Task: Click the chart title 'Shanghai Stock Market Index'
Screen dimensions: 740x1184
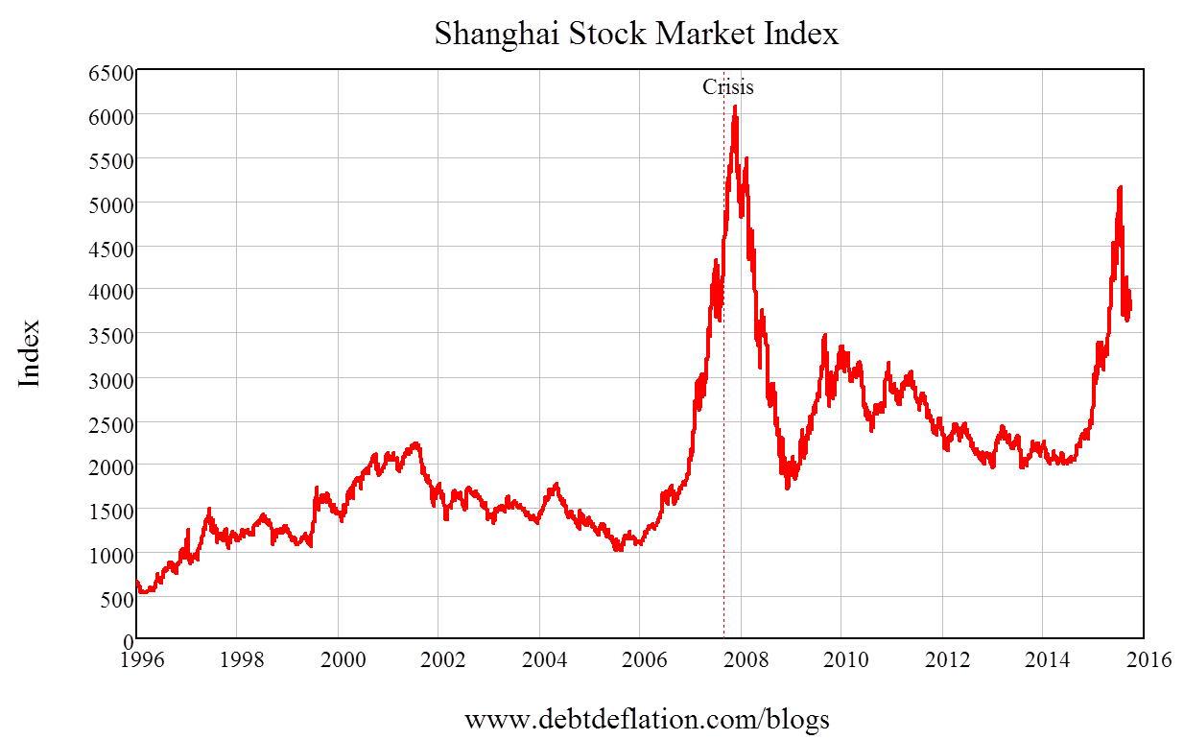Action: pyautogui.click(x=636, y=35)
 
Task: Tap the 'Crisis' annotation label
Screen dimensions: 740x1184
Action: pyautogui.click(x=728, y=86)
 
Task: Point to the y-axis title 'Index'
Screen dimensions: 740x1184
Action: pyautogui.click(x=31, y=353)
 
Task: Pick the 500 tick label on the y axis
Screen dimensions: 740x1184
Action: pyautogui.click(x=114, y=598)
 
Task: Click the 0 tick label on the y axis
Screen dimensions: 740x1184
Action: pyautogui.click(x=126, y=640)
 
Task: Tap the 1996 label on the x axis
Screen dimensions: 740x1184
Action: pyautogui.click(x=136, y=660)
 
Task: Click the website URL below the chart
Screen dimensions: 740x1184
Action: pyautogui.click(x=647, y=719)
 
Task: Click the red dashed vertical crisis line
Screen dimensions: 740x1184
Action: pyautogui.click(x=723, y=384)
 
